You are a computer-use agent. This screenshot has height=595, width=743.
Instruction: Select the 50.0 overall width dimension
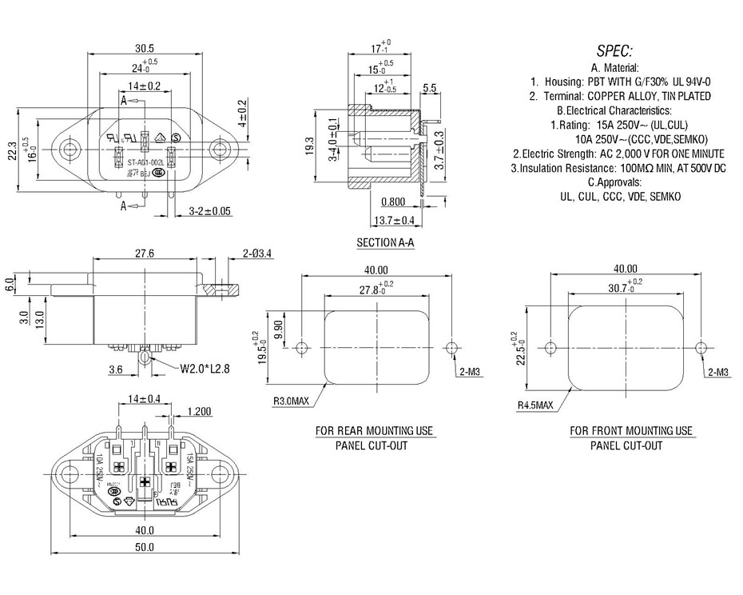[x=144, y=547]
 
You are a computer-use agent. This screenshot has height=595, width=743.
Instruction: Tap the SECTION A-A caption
[x=385, y=242]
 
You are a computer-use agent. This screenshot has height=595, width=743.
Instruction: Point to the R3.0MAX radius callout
[x=292, y=402]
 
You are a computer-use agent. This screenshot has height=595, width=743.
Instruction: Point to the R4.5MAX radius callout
[x=534, y=405]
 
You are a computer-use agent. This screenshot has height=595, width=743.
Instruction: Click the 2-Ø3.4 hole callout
[x=257, y=254]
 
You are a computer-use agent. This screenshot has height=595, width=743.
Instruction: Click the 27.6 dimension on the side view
[x=144, y=254]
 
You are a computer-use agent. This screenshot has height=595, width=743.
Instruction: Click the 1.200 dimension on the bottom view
[x=199, y=411]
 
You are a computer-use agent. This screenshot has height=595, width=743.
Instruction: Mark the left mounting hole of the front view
[x=72, y=149]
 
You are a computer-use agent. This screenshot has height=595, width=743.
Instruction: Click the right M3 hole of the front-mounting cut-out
[x=701, y=347]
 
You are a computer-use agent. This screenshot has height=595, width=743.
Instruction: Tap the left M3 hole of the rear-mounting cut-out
[x=302, y=348]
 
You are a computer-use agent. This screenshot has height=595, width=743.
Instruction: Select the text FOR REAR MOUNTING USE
[x=375, y=431]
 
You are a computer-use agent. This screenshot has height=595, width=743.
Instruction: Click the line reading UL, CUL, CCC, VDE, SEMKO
[x=620, y=196]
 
